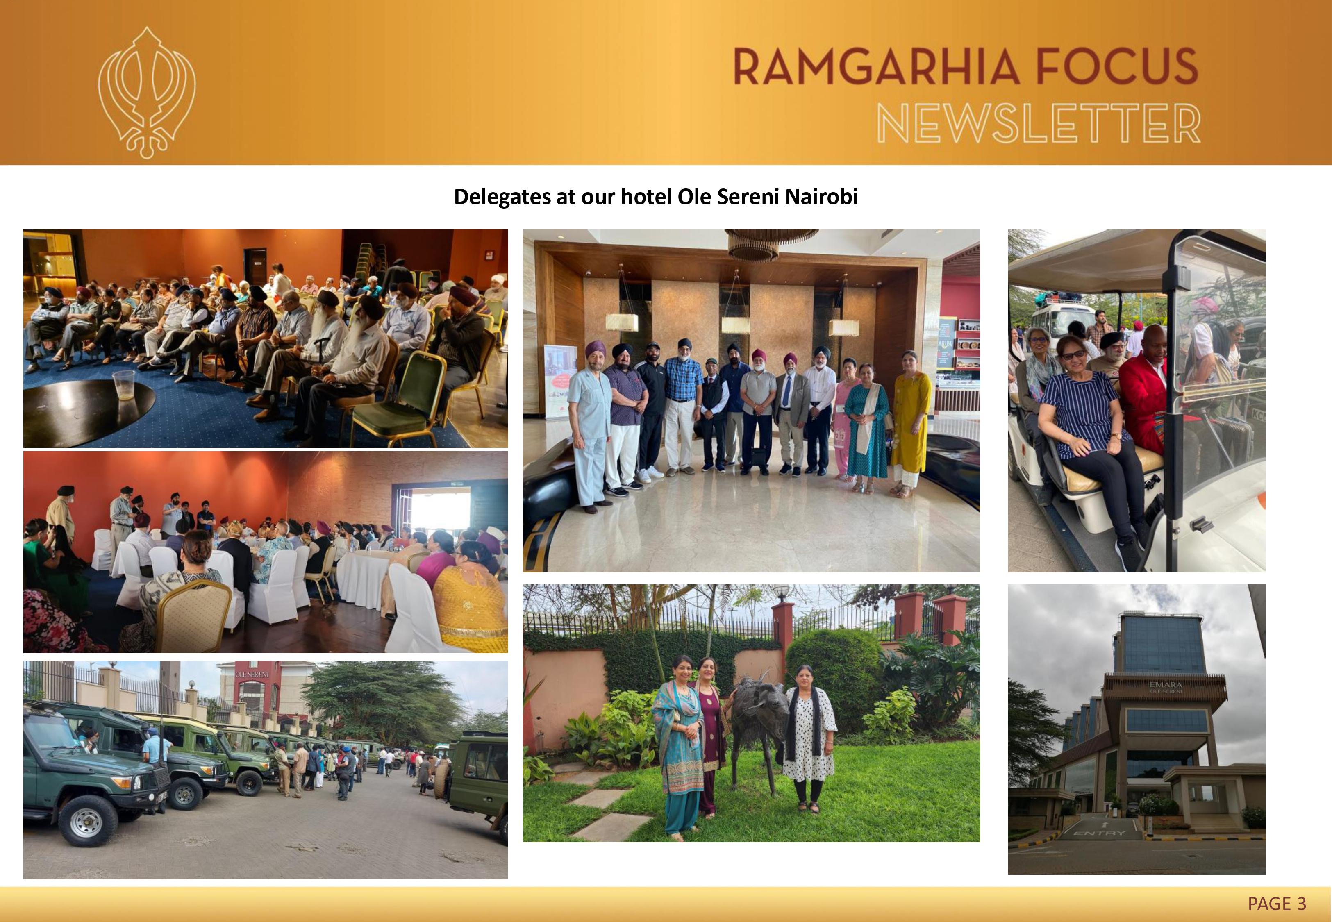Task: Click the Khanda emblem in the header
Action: [147, 93]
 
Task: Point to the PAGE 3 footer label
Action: [1277, 903]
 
